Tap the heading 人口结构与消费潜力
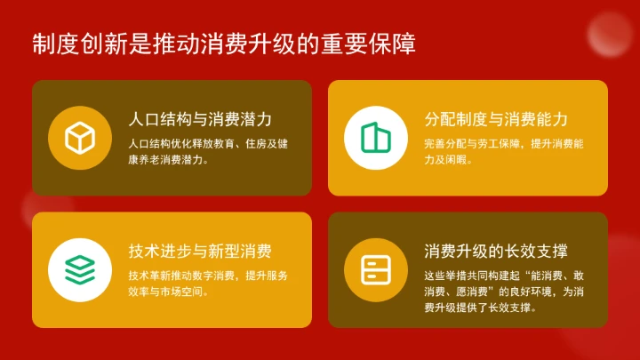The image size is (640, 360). click(x=200, y=120)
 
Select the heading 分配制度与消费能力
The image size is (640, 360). click(x=496, y=120)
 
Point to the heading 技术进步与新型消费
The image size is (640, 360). click(x=200, y=252)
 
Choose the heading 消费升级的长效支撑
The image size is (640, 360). click(x=496, y=252)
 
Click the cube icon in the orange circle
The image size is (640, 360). click(x=79, y=138)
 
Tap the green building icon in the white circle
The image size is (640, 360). click(x=376, y=138)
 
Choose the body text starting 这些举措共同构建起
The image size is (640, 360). click(x=503, y=291)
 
